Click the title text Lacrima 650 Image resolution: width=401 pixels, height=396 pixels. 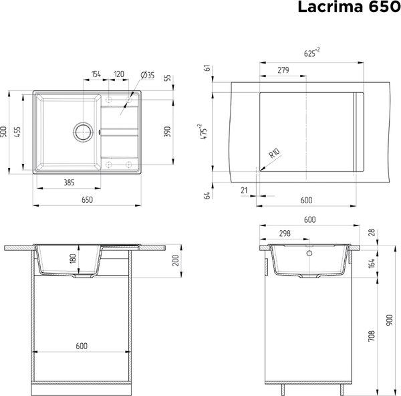coord(348,8)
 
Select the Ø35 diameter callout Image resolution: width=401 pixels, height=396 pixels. coord(148,74)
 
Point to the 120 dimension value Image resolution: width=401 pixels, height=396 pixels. coord(120,74)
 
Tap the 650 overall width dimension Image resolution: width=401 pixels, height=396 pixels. coord(87,199)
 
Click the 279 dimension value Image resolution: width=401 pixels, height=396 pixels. coord(283,69)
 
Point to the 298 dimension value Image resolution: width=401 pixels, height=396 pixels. coord(285,233)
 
